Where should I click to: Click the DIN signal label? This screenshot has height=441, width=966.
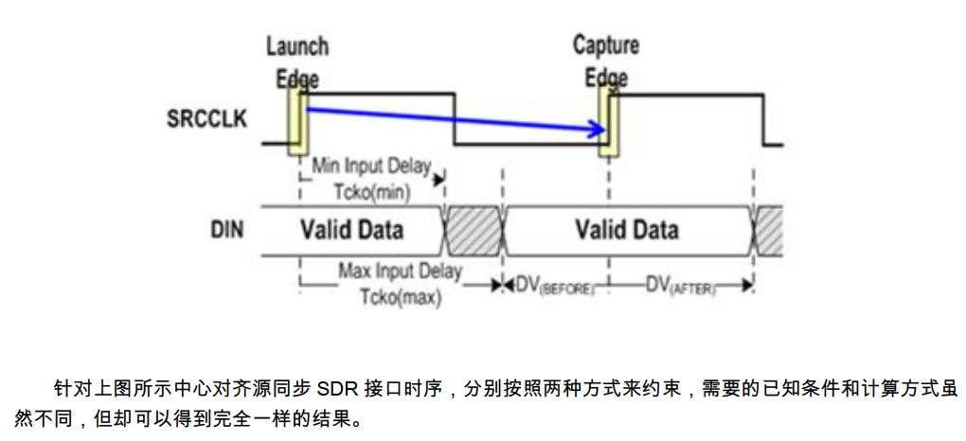[229, 229]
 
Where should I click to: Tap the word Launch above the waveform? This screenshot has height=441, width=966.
[296, 46]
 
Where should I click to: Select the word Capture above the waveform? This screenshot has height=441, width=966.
[605, 45]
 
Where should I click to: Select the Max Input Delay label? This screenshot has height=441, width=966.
[400, 273]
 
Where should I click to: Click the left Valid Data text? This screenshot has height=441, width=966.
[351, 230]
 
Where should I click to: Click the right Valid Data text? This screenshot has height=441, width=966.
[626, 230]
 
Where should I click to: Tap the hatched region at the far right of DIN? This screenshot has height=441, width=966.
[769, 230]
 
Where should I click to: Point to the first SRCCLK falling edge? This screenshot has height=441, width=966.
[456, 119]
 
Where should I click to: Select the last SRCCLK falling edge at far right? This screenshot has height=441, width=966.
[763, 119]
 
